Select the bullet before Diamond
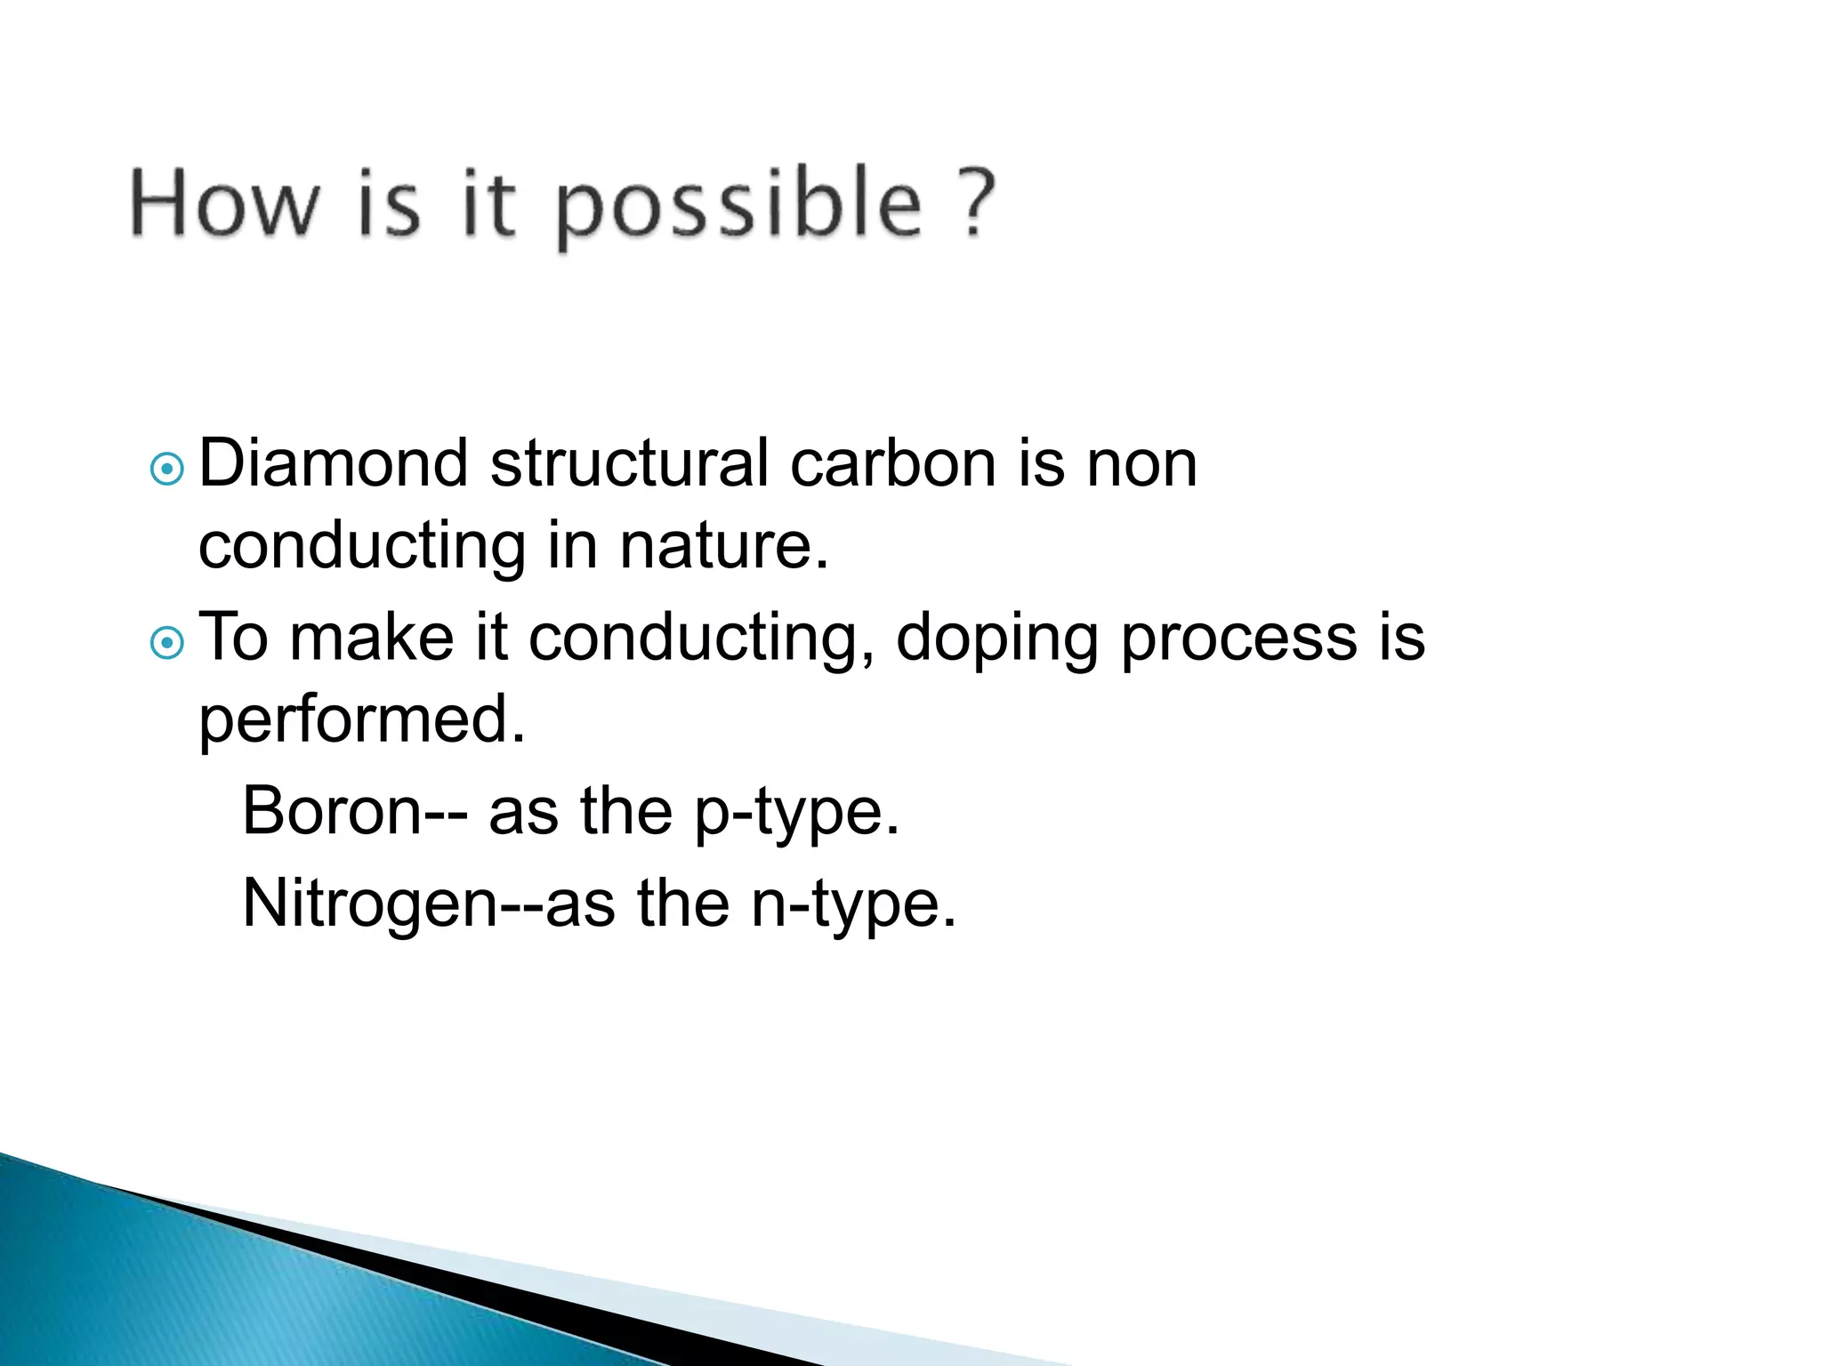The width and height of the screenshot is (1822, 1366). tap(166, 468)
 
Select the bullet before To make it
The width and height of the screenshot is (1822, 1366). tap(166, 641)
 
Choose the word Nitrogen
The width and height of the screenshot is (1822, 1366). tap(369, 904)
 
